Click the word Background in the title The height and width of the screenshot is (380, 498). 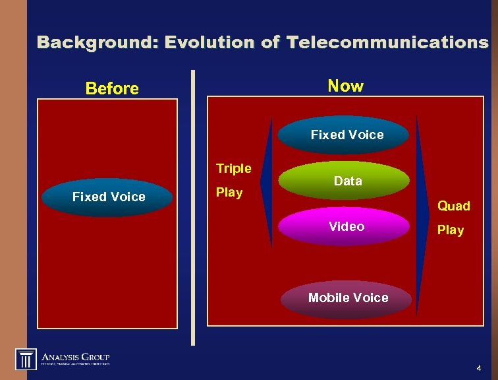tap(97, 43)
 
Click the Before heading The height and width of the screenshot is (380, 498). tap(112, 88)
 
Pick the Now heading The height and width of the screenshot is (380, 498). tap(345, 86)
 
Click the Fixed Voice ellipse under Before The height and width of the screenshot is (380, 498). tap(109, 197)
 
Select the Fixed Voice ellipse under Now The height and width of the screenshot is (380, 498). tap(346, 135)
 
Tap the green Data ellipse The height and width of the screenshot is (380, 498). tap(347, 181)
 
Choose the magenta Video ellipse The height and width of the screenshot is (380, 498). tap(346, 227)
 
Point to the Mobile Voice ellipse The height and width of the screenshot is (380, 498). tap(348, 298)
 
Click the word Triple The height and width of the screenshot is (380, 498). tap(234, 169)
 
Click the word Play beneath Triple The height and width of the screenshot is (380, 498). tap(229, 193)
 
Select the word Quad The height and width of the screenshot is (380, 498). tap(454, 206)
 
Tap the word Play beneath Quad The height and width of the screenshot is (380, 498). tap(451, 230)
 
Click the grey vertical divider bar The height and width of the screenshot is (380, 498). tap(193, 208)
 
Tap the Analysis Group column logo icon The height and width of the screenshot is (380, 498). tap(26, 359)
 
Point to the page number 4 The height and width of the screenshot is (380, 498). tap(478, 367)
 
